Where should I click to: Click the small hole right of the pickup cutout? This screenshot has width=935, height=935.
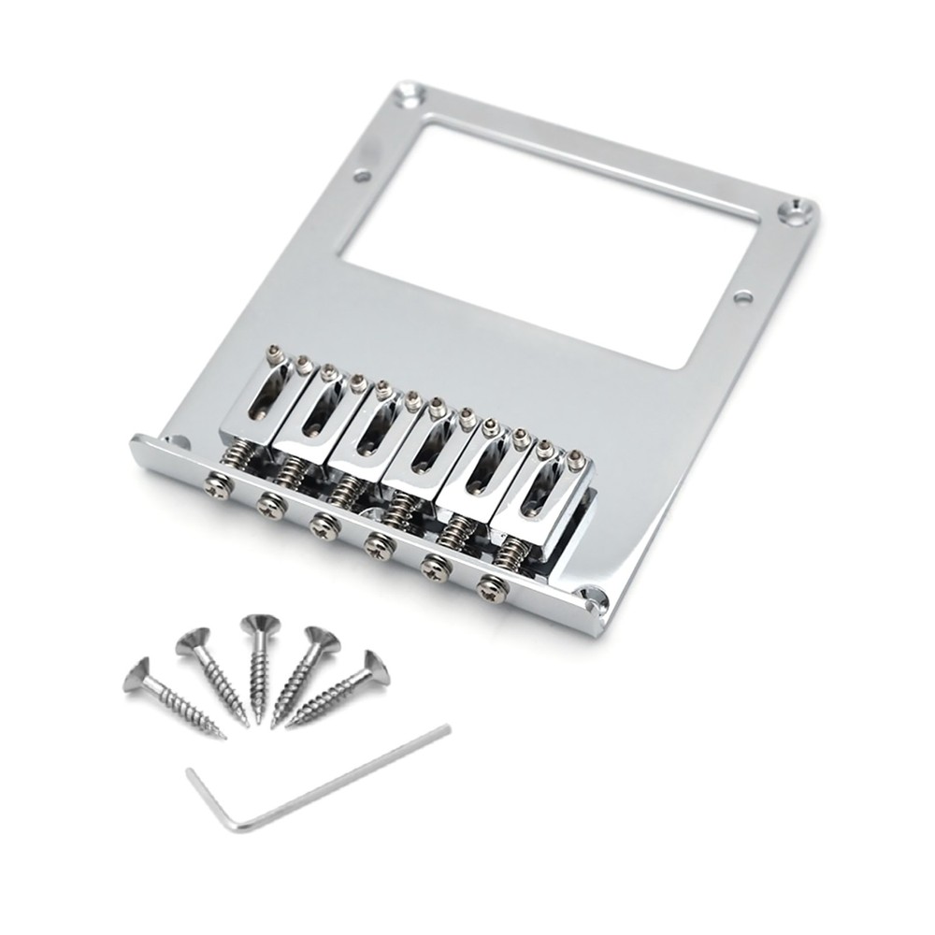click(743, 297)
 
